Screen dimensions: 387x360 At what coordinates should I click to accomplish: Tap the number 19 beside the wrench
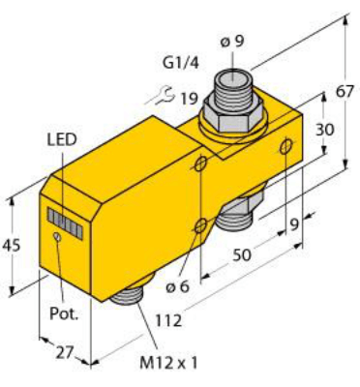189,97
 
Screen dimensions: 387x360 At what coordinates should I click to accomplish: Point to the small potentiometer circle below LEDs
59,235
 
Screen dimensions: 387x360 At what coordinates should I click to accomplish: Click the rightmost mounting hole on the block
286,144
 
